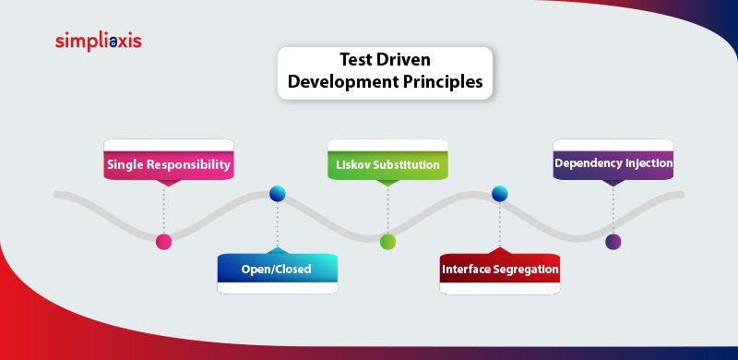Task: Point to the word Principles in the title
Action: pos(442,81)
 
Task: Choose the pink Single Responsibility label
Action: pos(168,164)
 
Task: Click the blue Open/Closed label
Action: pos(277,270)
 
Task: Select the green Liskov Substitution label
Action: pos(388,164)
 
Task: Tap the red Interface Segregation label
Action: pos(500,270)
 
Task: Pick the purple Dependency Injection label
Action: pos(613,162)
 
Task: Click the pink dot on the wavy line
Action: pos(164,242)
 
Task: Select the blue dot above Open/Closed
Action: pos(277,194)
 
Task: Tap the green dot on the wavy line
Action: pos(388,242)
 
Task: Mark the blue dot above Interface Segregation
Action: pos(500,194)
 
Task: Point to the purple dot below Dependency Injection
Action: pos(613,242)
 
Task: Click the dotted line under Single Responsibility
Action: pos(164,210)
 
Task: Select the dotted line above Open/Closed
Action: pos(277,224)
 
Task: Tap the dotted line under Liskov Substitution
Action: pos(388,210)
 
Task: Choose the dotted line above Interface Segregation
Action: pos(500,224)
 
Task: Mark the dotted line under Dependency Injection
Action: pos(613,210)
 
